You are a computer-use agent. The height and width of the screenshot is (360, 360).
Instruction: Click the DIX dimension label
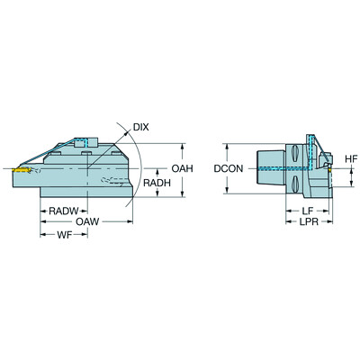click(x=140, y=127)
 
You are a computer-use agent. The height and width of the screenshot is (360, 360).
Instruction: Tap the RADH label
click(x=157, y=184)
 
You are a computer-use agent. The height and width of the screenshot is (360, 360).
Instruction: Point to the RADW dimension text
click(x=63, y=211)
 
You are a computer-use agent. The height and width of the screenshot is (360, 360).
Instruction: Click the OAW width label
click(x=88, y=222)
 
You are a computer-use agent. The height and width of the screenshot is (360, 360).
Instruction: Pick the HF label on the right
click(x=352, y=158)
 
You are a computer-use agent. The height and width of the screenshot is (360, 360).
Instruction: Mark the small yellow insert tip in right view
click(x=329, y=169)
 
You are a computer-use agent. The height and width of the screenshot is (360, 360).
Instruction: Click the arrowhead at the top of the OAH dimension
click(x=182, y=144)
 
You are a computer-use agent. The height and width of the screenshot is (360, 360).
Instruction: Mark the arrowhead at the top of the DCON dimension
click(x=226, y=144)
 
